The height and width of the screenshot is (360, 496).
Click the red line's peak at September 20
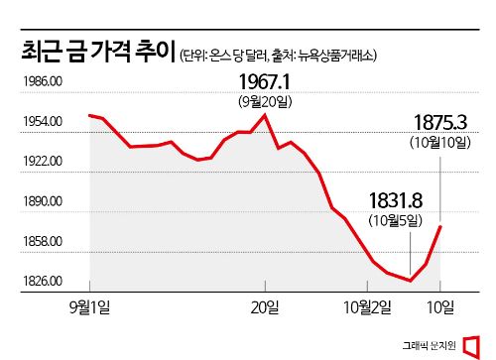(265, 114)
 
